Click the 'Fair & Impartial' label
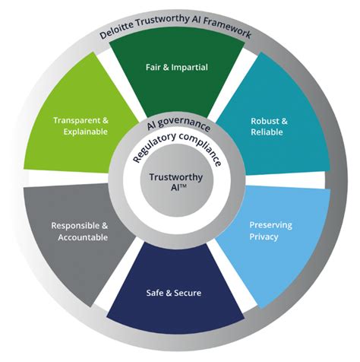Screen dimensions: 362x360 [176, 67]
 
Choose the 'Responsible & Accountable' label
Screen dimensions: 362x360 [80, 231]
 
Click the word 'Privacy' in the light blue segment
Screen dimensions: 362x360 [264, 237]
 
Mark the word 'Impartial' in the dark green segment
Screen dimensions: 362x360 [189, 67]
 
